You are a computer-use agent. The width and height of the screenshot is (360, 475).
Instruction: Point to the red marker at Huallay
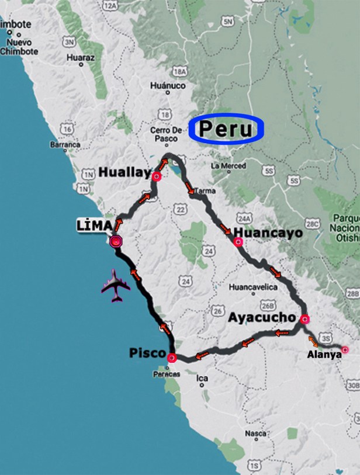156,176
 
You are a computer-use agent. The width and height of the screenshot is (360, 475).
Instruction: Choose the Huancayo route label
268,233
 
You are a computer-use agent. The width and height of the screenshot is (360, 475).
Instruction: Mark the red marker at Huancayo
237,242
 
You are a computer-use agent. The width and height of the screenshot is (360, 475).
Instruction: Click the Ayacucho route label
261,318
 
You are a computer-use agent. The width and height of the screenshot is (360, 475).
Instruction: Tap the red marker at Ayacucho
304,319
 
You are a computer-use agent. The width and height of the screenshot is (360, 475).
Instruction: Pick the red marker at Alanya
345,350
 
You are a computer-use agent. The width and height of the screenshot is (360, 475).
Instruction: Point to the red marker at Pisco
171,358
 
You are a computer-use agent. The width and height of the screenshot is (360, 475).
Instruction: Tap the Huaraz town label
80,58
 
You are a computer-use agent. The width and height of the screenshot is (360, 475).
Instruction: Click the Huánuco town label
168,85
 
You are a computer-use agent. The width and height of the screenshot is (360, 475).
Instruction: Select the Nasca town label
255,434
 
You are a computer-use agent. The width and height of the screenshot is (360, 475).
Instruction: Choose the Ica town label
202,378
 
